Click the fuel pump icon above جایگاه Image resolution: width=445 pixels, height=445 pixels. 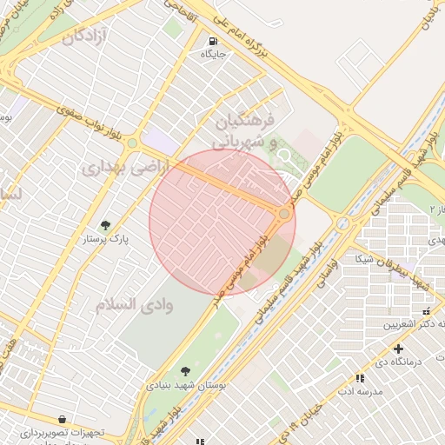point(213,41)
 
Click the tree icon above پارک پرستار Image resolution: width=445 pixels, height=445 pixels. point(106,226)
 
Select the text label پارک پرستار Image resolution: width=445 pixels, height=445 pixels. point(106,239)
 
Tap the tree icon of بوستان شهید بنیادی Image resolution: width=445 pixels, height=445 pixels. point(184,371)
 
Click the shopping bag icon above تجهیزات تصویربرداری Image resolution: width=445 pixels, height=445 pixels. point(61,419)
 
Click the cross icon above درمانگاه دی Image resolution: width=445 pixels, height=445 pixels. point(398,349)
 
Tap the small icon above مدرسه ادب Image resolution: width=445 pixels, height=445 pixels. point(360,378)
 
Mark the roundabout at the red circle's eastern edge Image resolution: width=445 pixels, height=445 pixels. point(284,214)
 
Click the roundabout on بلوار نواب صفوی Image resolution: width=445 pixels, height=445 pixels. point(132,143)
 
